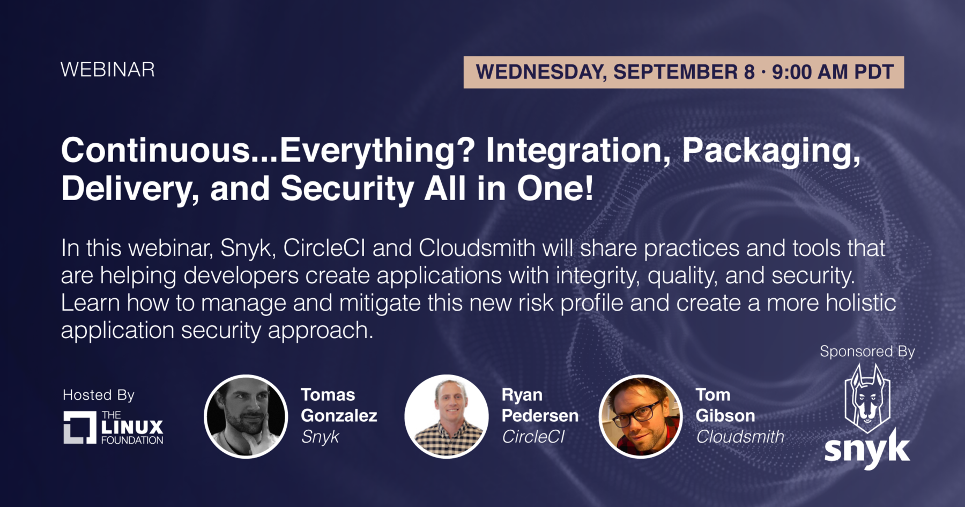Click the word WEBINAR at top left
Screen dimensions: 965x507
(108, 70)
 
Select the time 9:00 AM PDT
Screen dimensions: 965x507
(833, 72)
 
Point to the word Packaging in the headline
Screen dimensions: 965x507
(771, 151)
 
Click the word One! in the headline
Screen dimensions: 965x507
(555, 188)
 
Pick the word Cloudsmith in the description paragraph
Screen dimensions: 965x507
(477, 248)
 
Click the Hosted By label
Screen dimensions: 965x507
(99, 395)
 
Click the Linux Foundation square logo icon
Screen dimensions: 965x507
(80, 428)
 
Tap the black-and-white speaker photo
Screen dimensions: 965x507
(246, 416)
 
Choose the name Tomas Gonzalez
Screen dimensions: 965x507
(339, 405)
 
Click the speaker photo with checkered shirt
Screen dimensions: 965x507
(447, 416)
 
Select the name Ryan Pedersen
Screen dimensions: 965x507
(540, 405)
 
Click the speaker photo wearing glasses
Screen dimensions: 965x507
(641, 416)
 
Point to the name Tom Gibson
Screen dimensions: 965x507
(725, 405)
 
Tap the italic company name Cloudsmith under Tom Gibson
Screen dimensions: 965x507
(740, 437)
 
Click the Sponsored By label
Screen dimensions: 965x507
(867, 352)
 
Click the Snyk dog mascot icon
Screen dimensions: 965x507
(867, 398)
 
